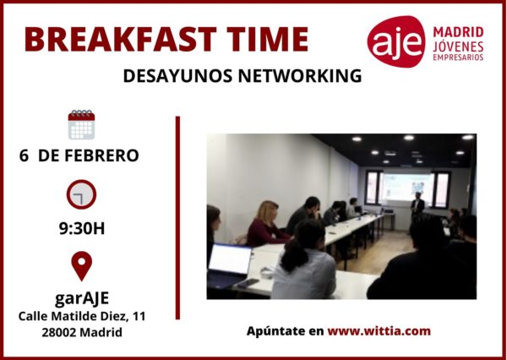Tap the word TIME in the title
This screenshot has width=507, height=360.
pyautogui.click(x=267, y=39)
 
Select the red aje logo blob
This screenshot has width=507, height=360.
pyautogui.click(x=396, y=41)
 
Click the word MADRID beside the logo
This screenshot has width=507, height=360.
pyautogui.click(x=458, y=32)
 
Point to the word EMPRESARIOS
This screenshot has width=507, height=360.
pyautogui.click(x=458, y=57)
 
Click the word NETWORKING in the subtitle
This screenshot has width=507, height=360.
pyautogui.click(x=300, y=76)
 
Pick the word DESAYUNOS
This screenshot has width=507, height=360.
pyautogui.click(x=177, y=76)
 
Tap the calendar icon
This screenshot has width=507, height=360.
pyautogui.click(x=81, y=124)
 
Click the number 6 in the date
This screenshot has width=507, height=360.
pyautogui.click(x=24, y=155)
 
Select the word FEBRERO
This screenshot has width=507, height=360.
pyautogui.click(x=101, y=155)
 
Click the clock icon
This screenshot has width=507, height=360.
pyautogui.click(x=81, y=194)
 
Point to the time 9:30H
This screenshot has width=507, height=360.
pyautogui.click(x=82, y=228)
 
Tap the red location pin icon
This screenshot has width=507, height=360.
pyautogui.click(x=81, y=264)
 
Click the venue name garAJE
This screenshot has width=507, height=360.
pyautogui.click(x=82, y=298)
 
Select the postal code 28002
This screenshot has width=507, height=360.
pyautogui.click(x=59, y=332)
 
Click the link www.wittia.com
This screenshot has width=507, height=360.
pyautogui.click(x=379, y=331)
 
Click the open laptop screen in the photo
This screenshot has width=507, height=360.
pyautogui.click(x=230, y=259)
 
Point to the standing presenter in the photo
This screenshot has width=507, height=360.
pyautogui.click(x=417, y=205)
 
